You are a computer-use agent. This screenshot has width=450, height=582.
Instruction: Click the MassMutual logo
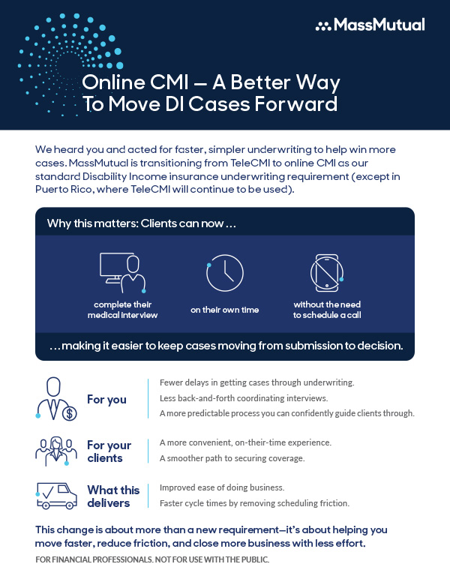point(370,25)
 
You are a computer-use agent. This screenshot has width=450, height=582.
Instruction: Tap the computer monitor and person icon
point(122,273)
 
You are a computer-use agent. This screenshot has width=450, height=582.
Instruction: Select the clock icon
point(224,273)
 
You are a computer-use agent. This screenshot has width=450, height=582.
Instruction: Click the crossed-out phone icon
point(327,273)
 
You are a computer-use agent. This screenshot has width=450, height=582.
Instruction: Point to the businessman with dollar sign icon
point(56,399)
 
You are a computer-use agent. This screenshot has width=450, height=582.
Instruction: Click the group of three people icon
point(56,451)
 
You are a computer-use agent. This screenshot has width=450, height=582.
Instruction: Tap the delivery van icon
point(56,496)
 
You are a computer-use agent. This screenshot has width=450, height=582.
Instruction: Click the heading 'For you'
point(107,400)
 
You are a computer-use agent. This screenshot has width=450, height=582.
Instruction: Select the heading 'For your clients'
point(109,451)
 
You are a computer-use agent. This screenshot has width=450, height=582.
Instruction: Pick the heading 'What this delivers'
point(113,496)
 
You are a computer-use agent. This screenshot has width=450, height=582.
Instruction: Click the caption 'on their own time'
point(225,310)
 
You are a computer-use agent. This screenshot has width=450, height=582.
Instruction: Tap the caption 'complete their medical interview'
point(122,310)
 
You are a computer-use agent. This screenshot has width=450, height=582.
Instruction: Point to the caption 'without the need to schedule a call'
point(327,310)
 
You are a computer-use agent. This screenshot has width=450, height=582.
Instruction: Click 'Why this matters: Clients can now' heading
point(142,223)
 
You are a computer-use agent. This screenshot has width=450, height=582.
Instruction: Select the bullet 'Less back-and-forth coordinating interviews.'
point(244,398)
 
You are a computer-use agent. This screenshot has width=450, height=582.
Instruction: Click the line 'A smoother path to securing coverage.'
point(232,458)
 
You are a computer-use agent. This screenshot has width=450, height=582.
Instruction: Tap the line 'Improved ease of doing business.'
point(222,487)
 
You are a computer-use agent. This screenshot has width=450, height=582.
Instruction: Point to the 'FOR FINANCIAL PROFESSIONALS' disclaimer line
point(152,559)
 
